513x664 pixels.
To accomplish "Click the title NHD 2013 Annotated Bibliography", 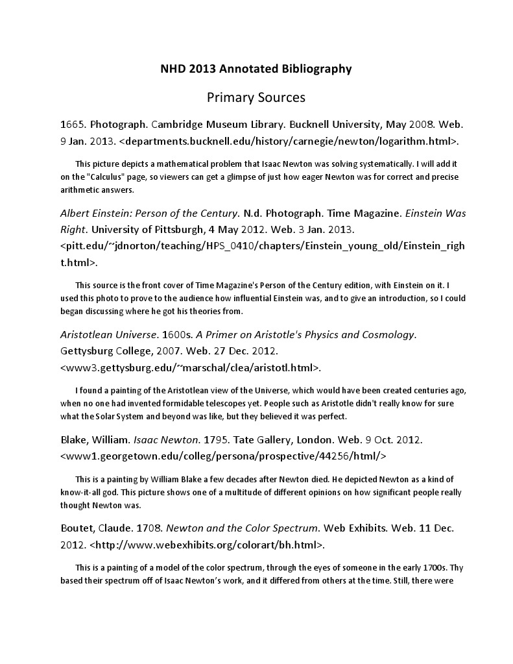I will coord(256,68).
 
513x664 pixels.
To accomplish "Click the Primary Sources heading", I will coord(256,97).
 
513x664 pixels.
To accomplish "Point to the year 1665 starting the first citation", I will coord(72,123).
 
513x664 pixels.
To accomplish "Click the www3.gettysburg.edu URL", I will coord(190,367).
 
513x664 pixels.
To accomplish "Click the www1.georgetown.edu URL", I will coord(223,456).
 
